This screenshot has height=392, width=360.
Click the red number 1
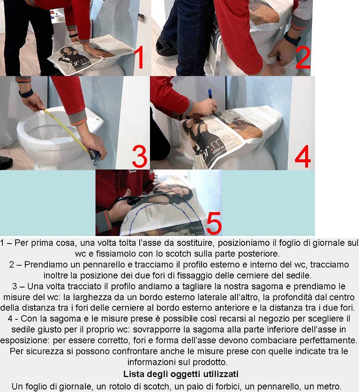[139, 57]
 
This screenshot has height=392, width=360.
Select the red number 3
[139, 156]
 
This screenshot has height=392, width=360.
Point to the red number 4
[303, 156]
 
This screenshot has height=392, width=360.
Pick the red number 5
[214, 223]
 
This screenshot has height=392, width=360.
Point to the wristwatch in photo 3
[26, 94]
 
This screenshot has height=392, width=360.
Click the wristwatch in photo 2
[292, 39]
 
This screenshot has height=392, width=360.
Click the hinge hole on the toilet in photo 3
[98, 119]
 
